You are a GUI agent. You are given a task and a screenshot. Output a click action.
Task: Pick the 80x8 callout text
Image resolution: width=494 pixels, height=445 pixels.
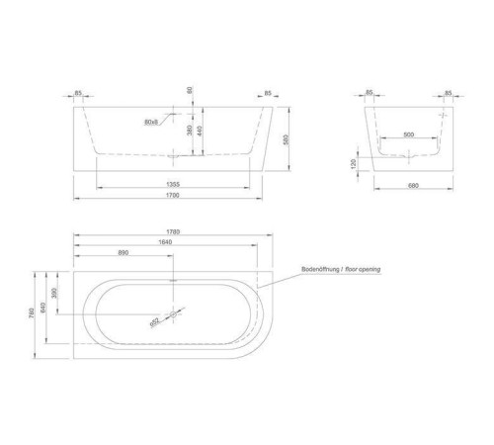(151, 123)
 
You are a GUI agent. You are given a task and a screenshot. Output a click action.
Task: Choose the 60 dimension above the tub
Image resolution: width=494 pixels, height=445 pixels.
(189, 90)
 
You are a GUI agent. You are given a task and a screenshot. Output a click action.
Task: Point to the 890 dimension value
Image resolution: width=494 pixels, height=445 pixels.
(123, 253)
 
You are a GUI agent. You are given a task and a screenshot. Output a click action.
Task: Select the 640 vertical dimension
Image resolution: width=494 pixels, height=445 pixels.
(48, 311)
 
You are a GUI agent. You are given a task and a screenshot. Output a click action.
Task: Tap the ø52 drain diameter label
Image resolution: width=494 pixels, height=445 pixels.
(156, 320)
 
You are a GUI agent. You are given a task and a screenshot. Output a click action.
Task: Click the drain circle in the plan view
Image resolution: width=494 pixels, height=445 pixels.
(175, 315)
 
